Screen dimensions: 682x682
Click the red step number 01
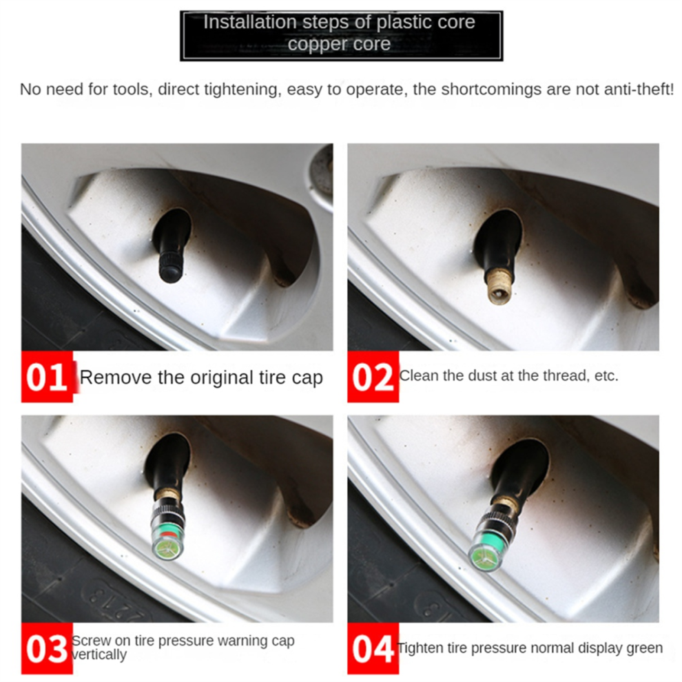click(x=47, y=377)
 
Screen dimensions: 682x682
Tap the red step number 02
click(x=373, y=377)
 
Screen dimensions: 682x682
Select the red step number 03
click(x=47, y=648)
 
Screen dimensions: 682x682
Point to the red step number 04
click(x=373, y=648)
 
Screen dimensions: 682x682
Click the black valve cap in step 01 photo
click(x=172, y=266)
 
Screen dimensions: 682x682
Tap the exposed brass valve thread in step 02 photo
click(x=499, y=285)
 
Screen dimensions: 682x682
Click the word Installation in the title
click(x=250, y=22)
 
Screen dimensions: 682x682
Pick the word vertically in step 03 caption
click(x=99, y=654)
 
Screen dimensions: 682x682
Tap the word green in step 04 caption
click(x=644, y=648)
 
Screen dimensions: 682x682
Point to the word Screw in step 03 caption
click(x=92, y=641)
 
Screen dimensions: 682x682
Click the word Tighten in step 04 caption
click(x=422, y=648)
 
